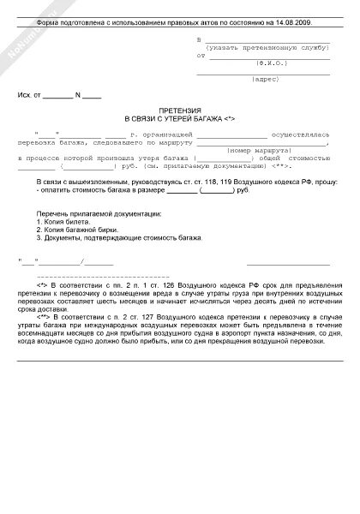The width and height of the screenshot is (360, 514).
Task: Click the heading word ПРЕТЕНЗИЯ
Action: [180, 113]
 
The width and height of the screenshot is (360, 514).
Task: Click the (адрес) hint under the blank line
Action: [262, 81]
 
